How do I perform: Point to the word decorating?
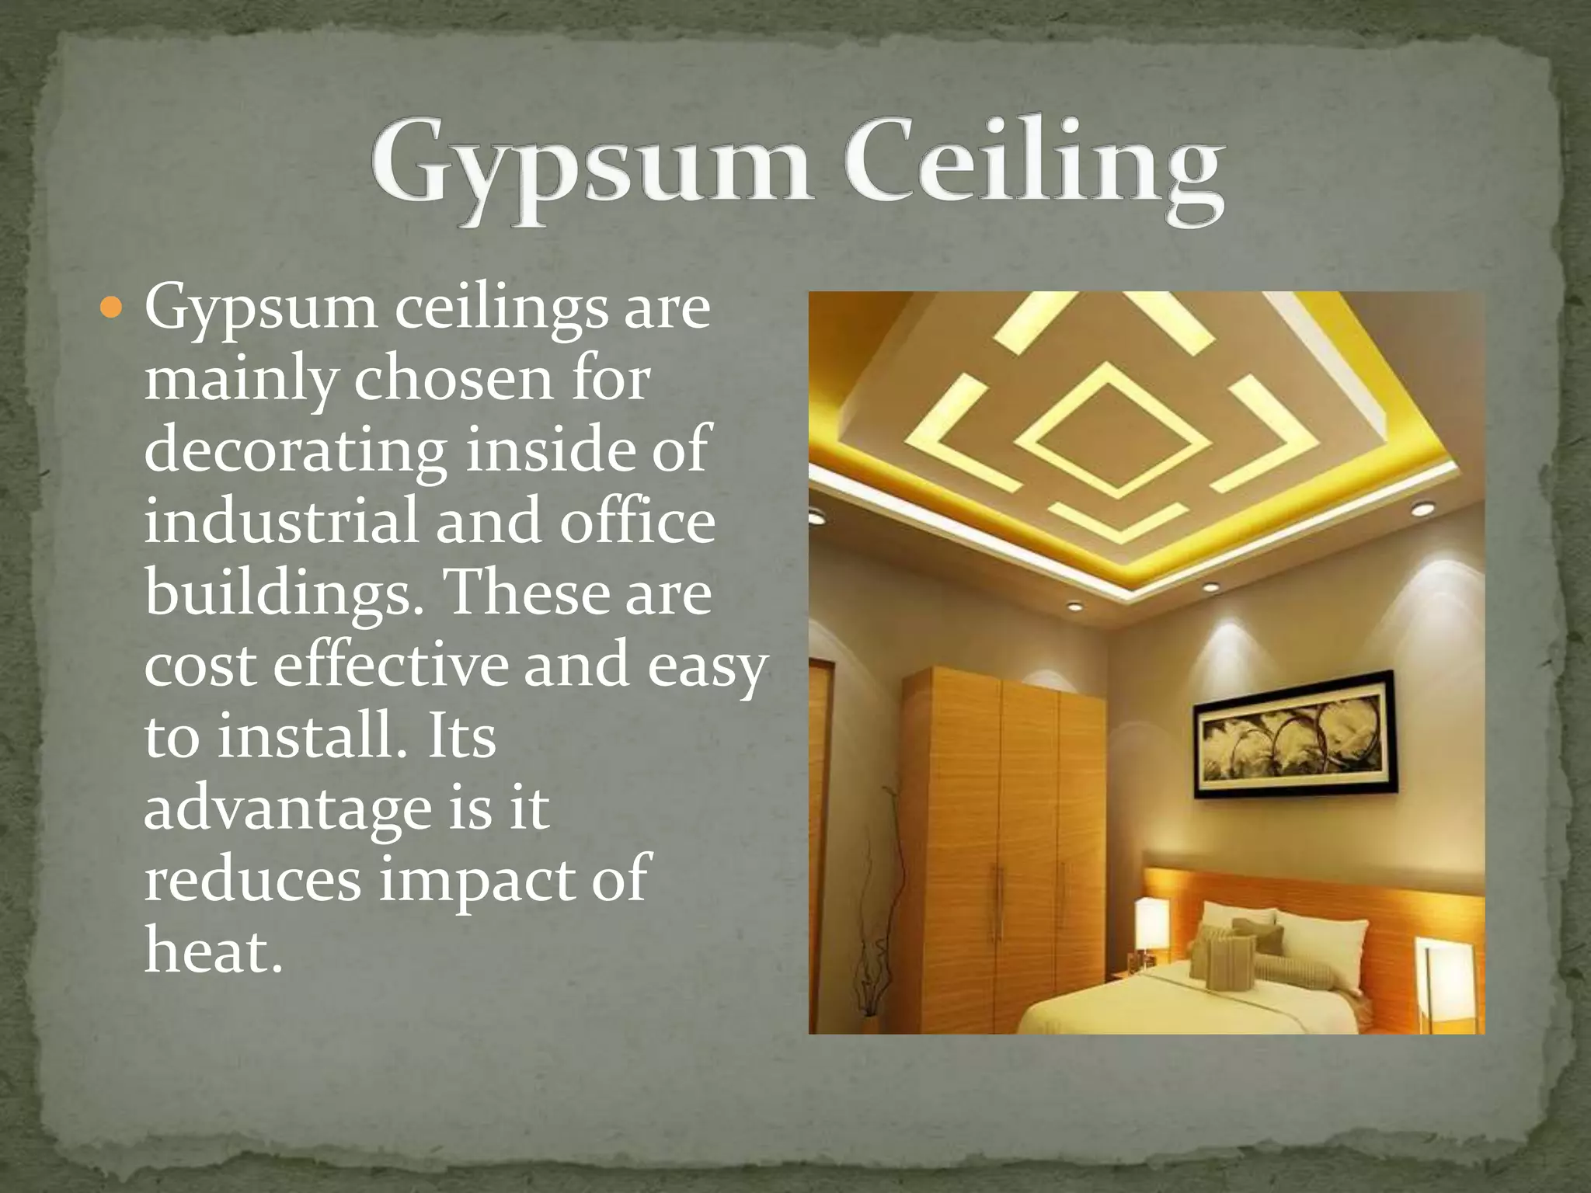click(x=295, y=450)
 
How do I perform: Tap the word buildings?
click(x=278, y=594)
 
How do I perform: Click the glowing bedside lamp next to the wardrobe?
click(x=1152, y=924)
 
